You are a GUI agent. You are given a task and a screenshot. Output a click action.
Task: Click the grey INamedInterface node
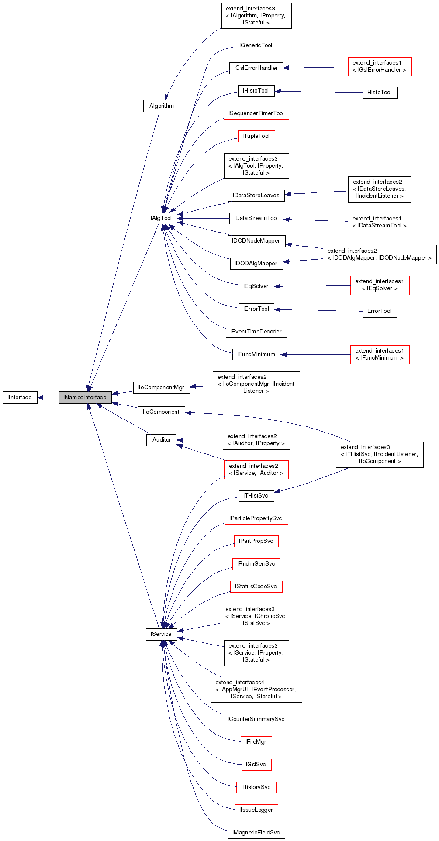(85, 398)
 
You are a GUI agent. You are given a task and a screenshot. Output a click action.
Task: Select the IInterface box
(20, 398)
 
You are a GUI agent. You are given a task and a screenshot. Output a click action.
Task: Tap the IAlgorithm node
(161, 106)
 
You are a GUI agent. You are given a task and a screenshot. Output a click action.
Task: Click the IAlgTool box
(161, 218)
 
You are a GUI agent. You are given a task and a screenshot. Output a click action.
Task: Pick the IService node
(161, 634)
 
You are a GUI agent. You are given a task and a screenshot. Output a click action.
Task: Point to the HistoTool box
(379, 93)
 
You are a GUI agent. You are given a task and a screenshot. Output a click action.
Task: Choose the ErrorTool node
(379, 311)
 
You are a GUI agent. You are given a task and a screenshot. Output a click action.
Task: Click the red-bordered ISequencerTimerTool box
(256, 113)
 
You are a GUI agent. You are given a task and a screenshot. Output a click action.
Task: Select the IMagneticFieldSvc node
(256, 833)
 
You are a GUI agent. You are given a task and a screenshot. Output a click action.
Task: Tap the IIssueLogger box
(256, 810)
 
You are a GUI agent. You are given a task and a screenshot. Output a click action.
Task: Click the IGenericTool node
(256, 45)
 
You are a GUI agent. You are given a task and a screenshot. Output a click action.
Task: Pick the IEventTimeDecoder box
(256, 332)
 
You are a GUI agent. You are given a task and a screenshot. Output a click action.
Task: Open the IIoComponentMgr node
(161, 388)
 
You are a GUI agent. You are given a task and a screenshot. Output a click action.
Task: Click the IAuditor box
(161, 440)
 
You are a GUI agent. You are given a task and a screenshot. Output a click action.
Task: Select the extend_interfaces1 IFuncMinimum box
(379, 354)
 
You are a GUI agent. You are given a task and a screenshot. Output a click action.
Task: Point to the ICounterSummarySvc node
(256, 719)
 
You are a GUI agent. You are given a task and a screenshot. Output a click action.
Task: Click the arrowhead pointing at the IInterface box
(40, 398)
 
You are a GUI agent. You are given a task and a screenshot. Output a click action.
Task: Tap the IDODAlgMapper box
(256, 264)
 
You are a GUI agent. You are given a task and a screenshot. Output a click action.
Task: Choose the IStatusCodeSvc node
(256, 587)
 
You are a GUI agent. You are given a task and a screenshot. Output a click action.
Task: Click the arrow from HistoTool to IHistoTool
(319, 92)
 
